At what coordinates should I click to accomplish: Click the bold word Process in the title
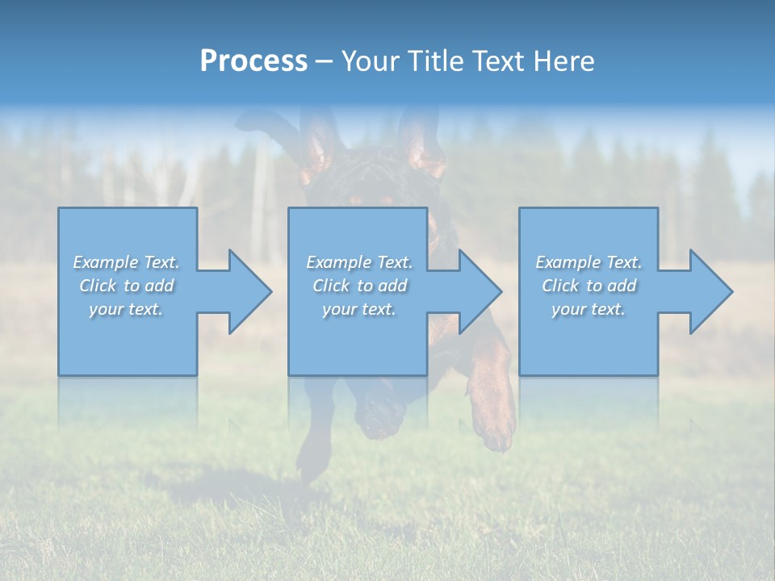pyautogui.click(x=253, y=61)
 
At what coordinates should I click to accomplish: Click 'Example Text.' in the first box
pyautogui.click(x=127, y=262)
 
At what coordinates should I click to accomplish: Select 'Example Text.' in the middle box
pyautogui.click(x=359, y=262)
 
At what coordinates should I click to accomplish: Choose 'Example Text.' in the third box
pyautogui.click(x=589, y=262)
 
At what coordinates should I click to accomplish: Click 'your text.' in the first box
pyautogui.click(x=126, y=309)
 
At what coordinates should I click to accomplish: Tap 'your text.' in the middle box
pyautogui.click(x=359, y=309)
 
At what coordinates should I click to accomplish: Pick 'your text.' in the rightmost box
pyautogui.click(x=589, y=309)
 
